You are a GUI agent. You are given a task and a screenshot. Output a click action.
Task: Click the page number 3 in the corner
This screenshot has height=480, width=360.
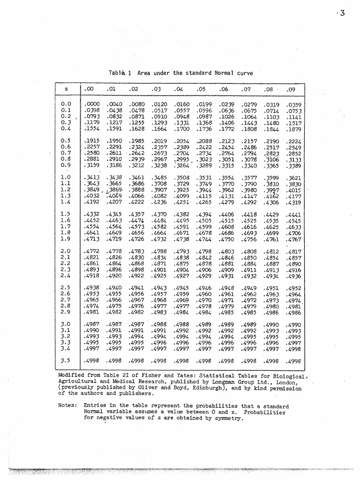[x=343, y=13]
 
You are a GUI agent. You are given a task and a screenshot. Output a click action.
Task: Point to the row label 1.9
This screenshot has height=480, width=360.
[x=65, y=238]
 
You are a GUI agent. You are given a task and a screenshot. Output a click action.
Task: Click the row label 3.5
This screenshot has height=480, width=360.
[x=65, y=360]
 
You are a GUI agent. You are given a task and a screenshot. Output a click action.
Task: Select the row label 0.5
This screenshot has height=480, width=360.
[x=65, y=141]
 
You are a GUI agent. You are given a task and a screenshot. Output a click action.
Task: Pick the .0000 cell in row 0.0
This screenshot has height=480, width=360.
[x=92, y=105]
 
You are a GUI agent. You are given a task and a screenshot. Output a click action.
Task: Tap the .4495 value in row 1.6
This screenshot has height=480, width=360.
[x=182, y=220]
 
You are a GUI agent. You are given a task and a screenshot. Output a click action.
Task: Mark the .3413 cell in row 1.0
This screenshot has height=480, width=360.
[x=92, y=178]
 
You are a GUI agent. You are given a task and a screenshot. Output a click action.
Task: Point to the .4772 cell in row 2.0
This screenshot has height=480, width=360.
[x=92, y=251]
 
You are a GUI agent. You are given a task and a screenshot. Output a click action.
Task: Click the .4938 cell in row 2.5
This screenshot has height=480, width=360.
[x=92, y=288]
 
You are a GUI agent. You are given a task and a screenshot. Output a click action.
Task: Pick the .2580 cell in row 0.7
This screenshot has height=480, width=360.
[x=92, y=153]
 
